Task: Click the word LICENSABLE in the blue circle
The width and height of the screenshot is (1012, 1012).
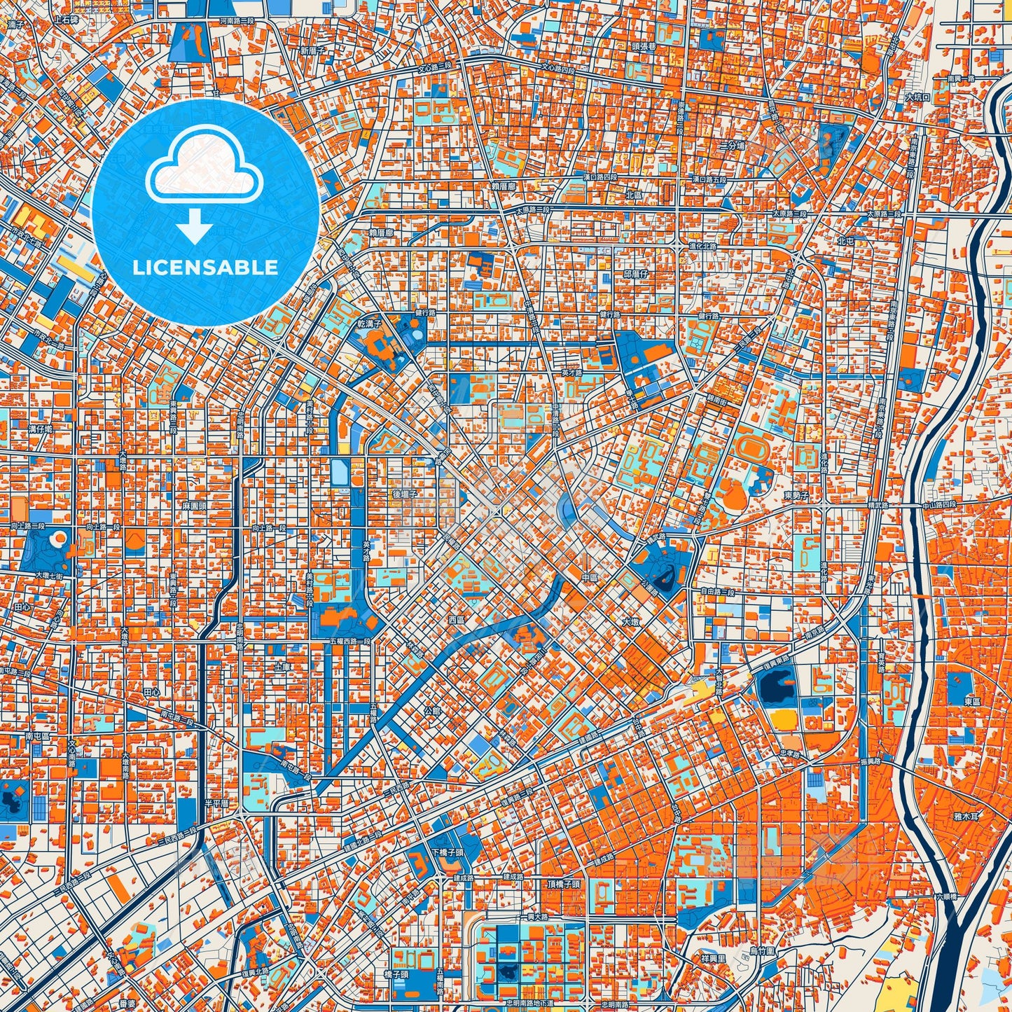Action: click(205, 268)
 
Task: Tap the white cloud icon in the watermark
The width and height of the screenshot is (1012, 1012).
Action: click(204, 169)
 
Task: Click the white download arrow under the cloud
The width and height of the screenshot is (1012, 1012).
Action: click(195, 227)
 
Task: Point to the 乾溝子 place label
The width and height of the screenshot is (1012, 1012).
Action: click(368, 324)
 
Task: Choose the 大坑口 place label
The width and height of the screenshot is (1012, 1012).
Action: click(917, 97)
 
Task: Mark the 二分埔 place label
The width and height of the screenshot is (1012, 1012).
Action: click(733, 146)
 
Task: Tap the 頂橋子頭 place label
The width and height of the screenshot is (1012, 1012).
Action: click(564, 884)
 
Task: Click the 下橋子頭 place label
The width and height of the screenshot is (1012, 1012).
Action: click(448, 852)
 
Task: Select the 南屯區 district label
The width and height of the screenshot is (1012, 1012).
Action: click(37, 737)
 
